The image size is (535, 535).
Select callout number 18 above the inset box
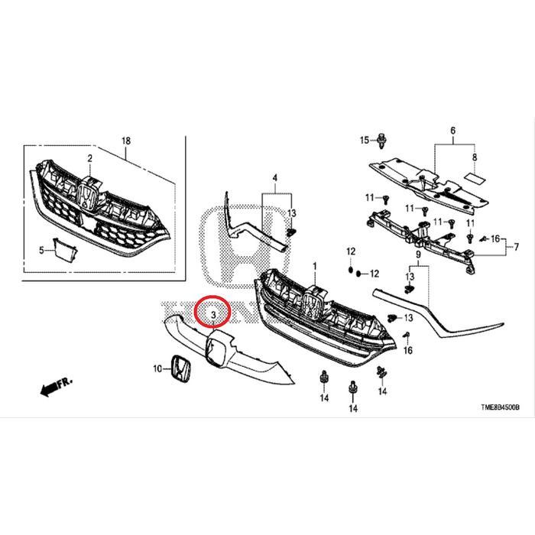point(127,141)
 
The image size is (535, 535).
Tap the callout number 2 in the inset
point(89,158)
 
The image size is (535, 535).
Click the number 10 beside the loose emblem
point(158,368)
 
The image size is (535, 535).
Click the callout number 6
point(453,131)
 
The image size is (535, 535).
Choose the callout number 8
point(474,157)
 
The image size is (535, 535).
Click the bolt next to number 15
point(381,141)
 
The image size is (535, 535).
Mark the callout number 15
point(365,140)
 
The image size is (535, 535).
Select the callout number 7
point(517,246)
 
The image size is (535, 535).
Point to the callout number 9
point(420,254)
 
